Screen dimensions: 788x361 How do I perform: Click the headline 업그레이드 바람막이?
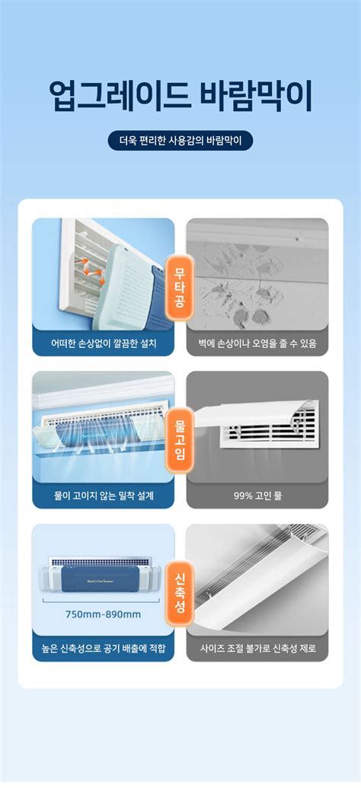point(180,97)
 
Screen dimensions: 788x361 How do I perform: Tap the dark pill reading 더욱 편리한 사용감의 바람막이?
point(180,141)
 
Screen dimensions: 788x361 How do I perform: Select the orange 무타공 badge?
point(180,286)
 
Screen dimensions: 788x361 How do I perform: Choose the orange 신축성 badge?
point(180,592)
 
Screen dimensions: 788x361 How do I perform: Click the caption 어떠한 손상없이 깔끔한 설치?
point(104,343)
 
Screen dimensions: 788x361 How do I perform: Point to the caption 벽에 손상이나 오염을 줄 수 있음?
point(257,343)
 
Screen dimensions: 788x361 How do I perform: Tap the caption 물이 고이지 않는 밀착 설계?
point(104,496)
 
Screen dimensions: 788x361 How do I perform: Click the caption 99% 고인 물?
point(257,496)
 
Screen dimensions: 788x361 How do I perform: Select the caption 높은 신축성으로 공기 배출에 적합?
point(104,649)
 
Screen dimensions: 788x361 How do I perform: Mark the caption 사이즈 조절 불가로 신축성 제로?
point(257,649)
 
